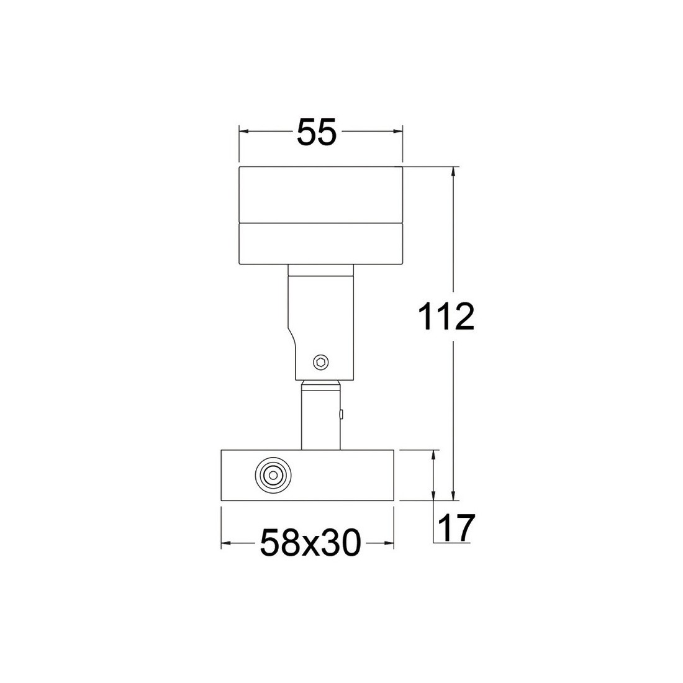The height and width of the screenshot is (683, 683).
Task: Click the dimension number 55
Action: coord(317,132)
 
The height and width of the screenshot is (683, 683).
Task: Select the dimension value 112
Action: coord(446,317)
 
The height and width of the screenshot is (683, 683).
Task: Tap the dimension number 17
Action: coord(455,527)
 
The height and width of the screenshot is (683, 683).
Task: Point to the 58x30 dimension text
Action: coord(310,543)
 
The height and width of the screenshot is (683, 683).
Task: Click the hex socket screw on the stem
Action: coord(321,362)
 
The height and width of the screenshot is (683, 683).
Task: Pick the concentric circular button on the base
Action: coord(273,475)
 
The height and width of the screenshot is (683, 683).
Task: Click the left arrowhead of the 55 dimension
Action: coord(244,131)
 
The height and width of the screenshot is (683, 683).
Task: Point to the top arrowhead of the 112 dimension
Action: coord(454,171)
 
